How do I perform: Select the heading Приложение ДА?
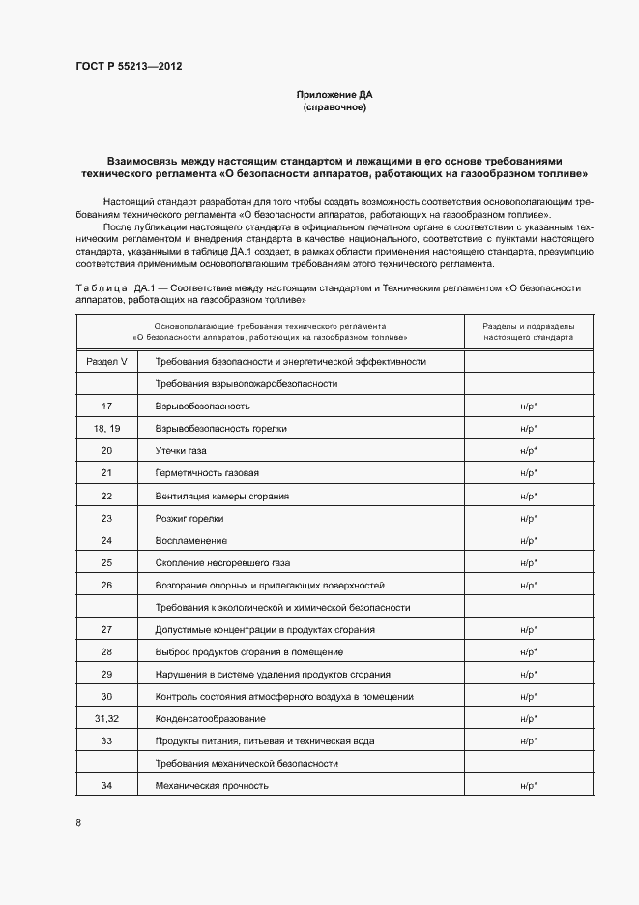tap(334, 95)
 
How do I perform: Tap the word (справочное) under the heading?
tap(334, 107)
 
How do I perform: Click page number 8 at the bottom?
tap(78, 823)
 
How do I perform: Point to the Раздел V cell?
tap(106, 361)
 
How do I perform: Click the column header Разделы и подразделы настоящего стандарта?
tap(529, 331)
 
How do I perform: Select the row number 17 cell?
tap(106, 407)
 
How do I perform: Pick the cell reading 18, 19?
tap(106, 429)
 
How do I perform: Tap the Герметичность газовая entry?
tap(207, 473)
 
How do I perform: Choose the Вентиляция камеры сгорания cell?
tap(221, 496)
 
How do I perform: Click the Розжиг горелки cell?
tap(189, 518)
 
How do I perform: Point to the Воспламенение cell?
tap(191, 540)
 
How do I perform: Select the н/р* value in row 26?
tap(529, 586)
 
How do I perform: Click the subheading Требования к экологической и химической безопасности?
tap(282, 608)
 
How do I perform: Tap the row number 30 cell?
tap(106, 697)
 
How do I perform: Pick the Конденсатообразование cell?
tap(210, 719)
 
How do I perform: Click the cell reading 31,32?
tap(106, 719)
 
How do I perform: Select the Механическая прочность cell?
tap(212, 785)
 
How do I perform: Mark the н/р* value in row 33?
tap(529, 741)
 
